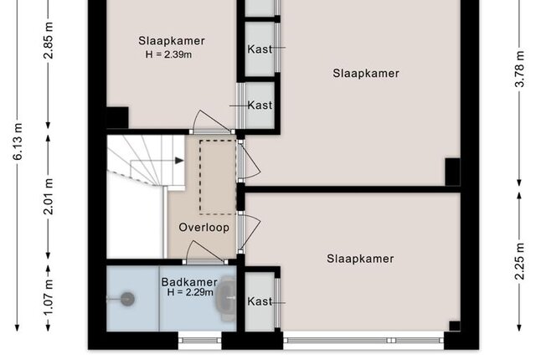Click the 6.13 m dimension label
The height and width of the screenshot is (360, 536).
[x=18, y=141]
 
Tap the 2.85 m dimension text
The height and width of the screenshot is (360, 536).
[x=49, y=40]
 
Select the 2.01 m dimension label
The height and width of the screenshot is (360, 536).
[x=49, y=197]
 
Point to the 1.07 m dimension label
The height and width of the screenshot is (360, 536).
[x=49, y=297]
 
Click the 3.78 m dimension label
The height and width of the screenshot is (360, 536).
[x=519, y=69]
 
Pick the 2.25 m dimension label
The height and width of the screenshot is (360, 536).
[x=519, y=261]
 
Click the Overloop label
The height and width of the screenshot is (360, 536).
[x=204, y=228]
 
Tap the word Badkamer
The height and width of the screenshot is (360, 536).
[x=189, y=282]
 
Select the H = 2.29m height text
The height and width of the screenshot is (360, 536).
[x=190, y=292]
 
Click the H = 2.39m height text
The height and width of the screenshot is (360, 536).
[x=168, y=54]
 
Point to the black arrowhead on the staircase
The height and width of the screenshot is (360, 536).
[x=179, y=161]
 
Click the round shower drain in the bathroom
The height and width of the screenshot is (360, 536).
[x=127, y=299]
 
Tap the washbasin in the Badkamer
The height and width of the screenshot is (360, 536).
[x=227, y=299]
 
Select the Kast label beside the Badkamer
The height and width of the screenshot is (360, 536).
[x=260, y=301]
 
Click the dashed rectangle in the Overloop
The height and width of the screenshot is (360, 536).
[x=218, y=177]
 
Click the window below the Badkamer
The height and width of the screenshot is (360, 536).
[x=200, y=340]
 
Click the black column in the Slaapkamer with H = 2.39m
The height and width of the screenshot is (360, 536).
[x=117, y=118]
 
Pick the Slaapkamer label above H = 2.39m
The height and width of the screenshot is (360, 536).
[x=172, y=41]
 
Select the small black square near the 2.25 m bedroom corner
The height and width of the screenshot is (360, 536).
[x=455, y=327]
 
